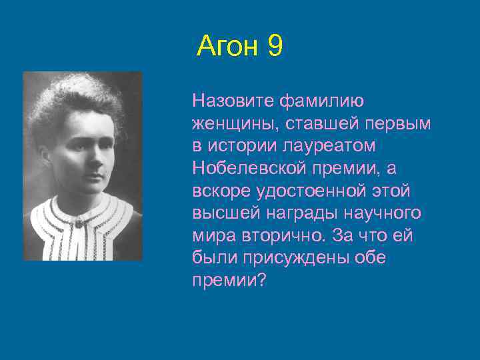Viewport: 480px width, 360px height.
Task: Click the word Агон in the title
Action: pos(228,47)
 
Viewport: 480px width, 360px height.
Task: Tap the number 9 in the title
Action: pos(275,47)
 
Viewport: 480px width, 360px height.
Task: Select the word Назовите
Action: pos(233,101)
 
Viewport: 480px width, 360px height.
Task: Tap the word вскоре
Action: pos(220,191)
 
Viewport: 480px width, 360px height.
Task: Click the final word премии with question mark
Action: pos(229,281)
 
